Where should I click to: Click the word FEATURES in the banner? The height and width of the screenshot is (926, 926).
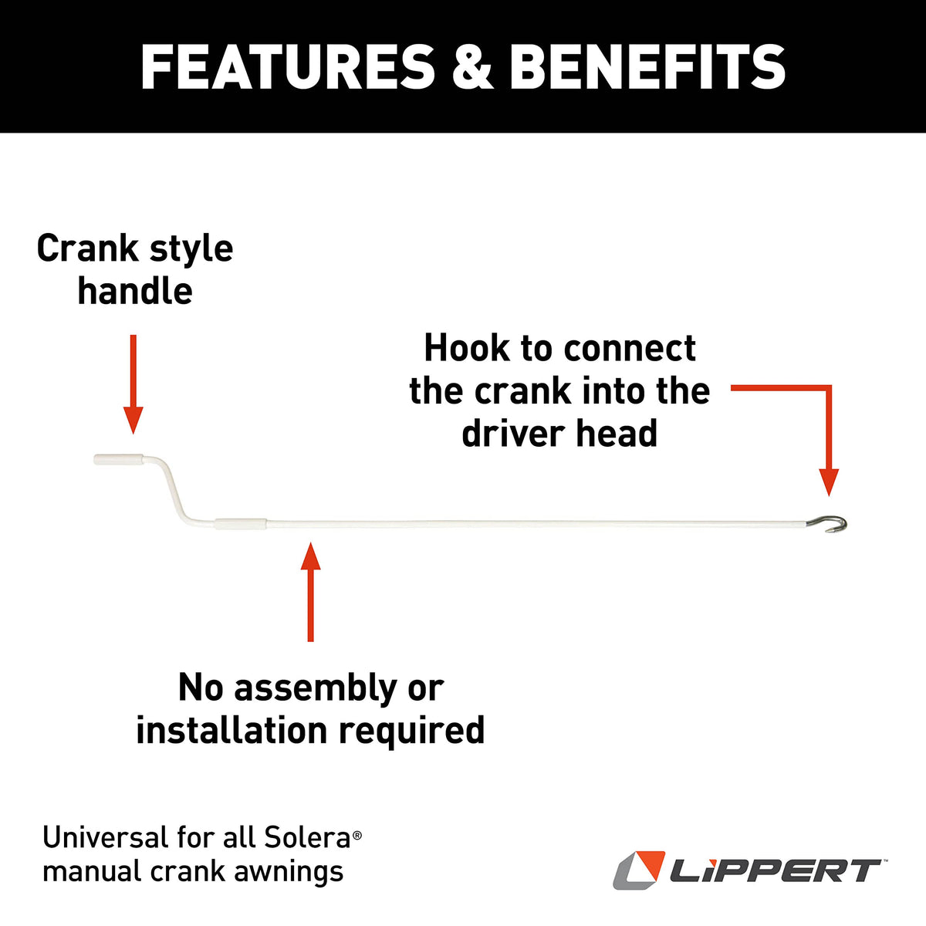click(x=287, y=67)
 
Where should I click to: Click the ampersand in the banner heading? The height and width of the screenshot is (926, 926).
click(x=472, y=67)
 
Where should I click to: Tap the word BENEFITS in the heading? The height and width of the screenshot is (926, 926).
click(x=647, y=67)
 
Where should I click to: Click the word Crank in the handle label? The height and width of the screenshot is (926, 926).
click(x=87, y=248)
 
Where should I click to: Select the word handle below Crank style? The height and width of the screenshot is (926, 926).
click(x=135, y=291)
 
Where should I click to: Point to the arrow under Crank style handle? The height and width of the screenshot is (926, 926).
click(x=133, y=384)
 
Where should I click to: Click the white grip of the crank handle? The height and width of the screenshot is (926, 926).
click(x=118, y=459)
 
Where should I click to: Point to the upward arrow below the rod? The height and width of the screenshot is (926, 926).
click(x=310, y=592)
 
